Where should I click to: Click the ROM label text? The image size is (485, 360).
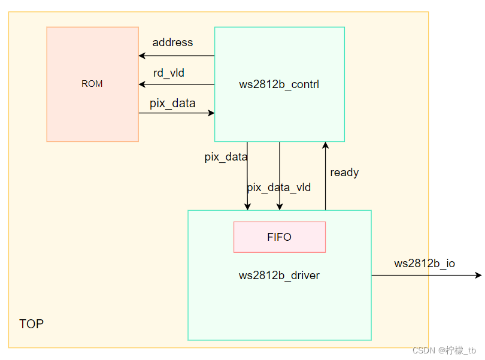tap(92, 84)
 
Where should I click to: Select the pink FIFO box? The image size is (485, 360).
tap(279, 237)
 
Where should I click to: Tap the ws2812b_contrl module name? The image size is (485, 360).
tap(279, 84)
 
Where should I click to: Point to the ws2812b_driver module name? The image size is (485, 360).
tap(279, 276)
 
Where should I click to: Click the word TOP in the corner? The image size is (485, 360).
tap(31, 324)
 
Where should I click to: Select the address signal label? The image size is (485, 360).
tap(172, 43)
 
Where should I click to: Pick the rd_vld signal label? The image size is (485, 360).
tap(169, 73)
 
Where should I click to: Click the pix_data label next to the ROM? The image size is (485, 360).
tap(172, 103)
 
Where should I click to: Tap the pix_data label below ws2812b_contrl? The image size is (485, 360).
tap(226, 157)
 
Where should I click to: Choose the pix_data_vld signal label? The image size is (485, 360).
tap(279, 187)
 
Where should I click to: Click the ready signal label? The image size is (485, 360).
tap(344, 173)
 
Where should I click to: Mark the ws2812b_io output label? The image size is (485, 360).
tap(425, 264)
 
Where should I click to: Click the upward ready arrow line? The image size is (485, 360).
tap(325, 180)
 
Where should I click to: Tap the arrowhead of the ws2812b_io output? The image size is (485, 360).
tap(478, 275)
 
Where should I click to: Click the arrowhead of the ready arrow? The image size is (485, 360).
tap(325, 146)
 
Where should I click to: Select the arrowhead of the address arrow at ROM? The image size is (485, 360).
tap(142, 56)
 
